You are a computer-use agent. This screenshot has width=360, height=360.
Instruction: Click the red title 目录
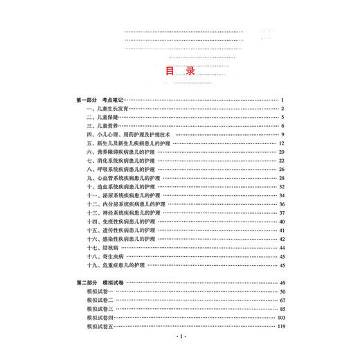click(180, 71)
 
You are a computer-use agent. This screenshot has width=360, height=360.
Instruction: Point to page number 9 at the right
click(284, 134)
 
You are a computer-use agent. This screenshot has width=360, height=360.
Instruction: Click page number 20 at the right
click(282, 152)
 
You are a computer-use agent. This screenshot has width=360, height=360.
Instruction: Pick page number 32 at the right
click(282, 186)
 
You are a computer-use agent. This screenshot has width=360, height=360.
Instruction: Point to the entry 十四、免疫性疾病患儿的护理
click(122, 222)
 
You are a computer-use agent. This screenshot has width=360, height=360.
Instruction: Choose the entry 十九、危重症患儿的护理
click(119, 265)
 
